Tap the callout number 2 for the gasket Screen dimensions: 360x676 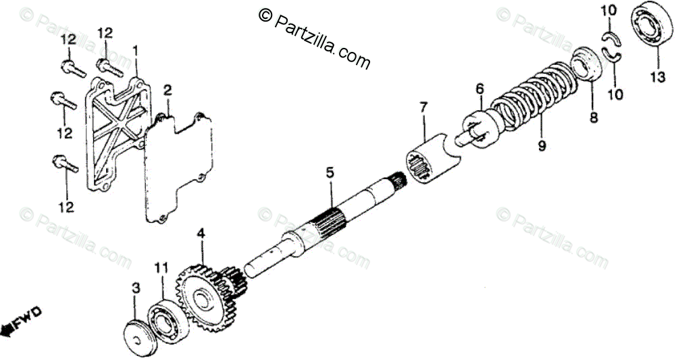167,90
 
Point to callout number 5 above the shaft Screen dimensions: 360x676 330,173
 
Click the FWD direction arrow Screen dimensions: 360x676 21,321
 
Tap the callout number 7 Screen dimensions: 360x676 423,107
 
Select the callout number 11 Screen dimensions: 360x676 160,268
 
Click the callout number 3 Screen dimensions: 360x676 136,288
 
